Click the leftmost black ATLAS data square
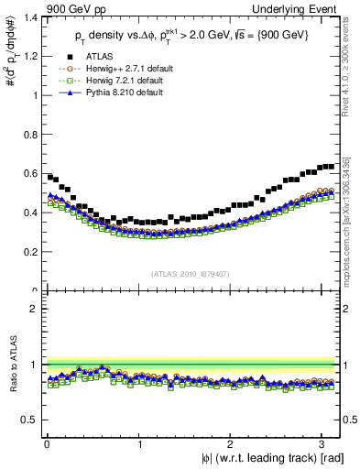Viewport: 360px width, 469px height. pyautogui.click(x=50, y=177)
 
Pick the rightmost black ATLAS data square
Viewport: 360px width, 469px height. pyautogui.click(x=331, y=167)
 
